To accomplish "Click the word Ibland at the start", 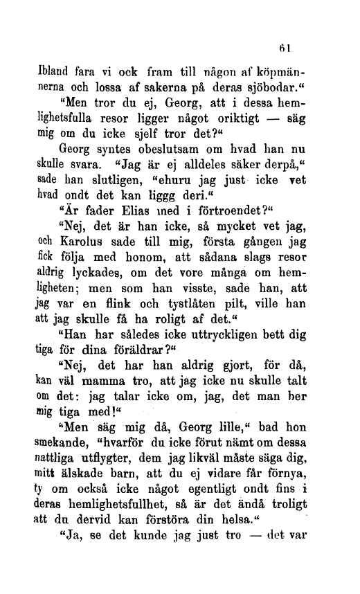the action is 55,71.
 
